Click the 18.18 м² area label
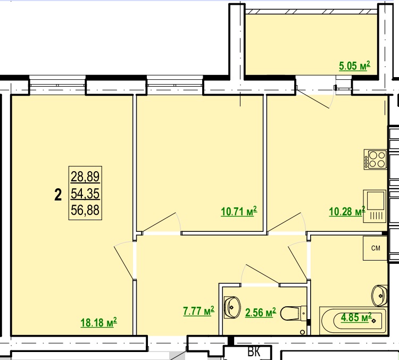pos(99,322)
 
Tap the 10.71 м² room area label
pos(239,211)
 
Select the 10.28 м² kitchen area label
pos(347,211)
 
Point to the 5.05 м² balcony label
pos(354,66)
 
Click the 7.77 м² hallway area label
pos(199,311)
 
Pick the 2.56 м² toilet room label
pos(261,313)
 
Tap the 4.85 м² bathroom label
pos(356,317)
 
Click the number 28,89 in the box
pos(85,177)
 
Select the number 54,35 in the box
pos(85,194)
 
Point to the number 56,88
pos(85,210)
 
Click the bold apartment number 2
pos(58,195)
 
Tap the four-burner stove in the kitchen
pos(375,160)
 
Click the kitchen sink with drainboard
pos(375,206)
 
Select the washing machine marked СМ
pos(375,248)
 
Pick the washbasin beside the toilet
pos(232,307)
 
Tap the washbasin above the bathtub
pos(379,296)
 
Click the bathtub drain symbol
pos(374,321)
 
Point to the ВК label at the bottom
pos(254,352)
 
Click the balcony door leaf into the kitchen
pos(313,99)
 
